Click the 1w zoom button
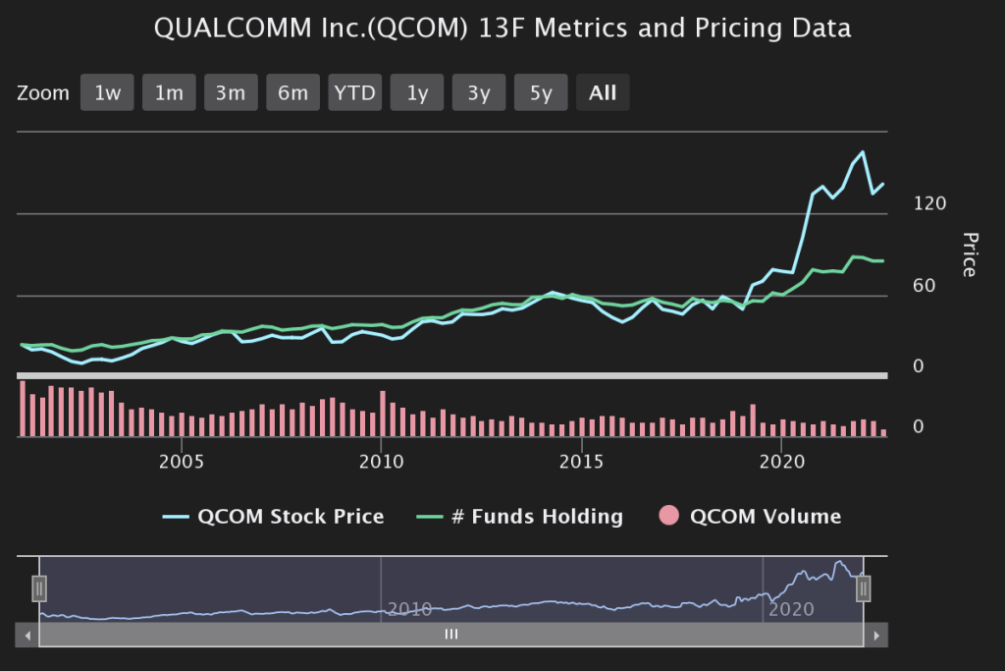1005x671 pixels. tap(107, 93)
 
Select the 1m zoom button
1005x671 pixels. tap(169, 93)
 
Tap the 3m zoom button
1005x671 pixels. tap(231, 93)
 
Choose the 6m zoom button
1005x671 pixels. tap(292, 93)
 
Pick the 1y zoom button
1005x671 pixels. tap(417, 93)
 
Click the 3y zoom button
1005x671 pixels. tap(479, 93)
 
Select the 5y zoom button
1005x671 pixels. tap(541, 93)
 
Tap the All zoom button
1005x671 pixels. tap(603, 93)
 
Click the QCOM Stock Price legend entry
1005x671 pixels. tap(274, 516)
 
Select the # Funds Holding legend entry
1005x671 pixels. tap(523, 516)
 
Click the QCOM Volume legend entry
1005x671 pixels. tap(751, 516)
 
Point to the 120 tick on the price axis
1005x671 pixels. tap(929, 203)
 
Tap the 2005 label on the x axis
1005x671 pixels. tap(182, 461)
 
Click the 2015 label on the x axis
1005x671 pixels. tap(582, 461)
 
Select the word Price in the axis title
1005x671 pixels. tap(970, 254)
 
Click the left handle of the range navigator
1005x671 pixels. tap(39, 587)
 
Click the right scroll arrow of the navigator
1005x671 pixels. tap(876, 636)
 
